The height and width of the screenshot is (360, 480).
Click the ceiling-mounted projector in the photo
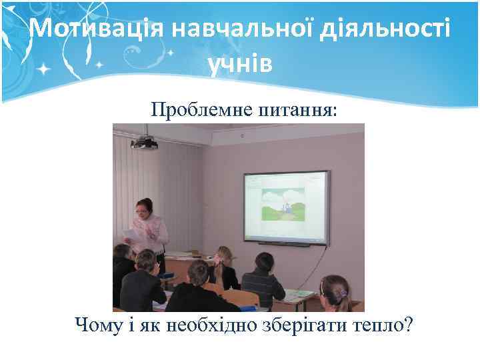(x=144, y=142)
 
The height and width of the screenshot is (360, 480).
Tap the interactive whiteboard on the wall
(x=287, y=207)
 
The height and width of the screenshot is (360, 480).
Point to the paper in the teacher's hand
(x=133, y=234)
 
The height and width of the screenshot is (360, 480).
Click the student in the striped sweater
(x=263, y=280)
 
